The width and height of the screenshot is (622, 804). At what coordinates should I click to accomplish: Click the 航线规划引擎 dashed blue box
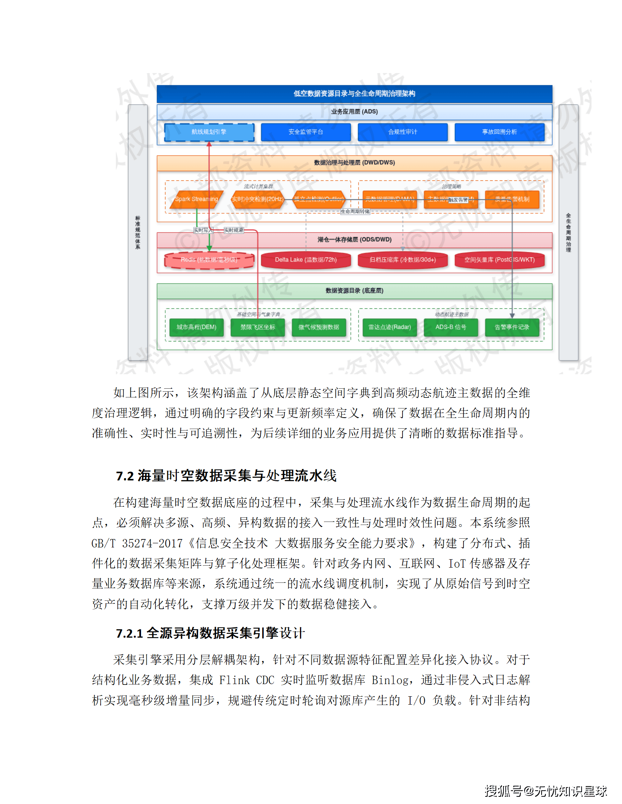point(209,132)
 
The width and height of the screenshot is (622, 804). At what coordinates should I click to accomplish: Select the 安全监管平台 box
point(306,132)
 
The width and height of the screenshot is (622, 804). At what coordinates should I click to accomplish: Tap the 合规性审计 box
point(402,132)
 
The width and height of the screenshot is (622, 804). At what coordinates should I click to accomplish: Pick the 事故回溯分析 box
point(499,132)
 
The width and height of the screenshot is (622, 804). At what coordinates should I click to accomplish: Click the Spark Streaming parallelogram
point(196,199)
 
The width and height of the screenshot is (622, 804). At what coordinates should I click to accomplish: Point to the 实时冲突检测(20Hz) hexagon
point(258,199)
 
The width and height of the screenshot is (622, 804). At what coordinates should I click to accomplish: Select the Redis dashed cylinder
point(209,260)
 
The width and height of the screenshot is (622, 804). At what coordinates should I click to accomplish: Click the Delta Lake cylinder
point(306,260)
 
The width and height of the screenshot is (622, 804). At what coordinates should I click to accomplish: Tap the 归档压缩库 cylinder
point(402,260)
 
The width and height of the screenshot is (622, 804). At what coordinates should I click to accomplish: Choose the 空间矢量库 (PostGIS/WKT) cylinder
point(499,260)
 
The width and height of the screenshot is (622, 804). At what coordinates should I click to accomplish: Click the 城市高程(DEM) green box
point(196,327)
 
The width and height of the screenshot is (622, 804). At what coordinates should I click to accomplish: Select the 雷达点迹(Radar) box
point(390,327)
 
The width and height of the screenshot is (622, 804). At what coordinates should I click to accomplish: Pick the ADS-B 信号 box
point(451,327)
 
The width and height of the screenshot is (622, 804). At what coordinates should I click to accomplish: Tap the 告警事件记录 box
point(512,327)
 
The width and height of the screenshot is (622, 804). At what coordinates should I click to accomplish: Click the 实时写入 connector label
point(203,230)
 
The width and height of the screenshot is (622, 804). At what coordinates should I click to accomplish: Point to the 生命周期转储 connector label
point(355,212)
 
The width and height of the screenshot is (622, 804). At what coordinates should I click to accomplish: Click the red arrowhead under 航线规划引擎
point(209,144)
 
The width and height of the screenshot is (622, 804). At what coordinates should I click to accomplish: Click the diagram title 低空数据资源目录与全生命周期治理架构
point(354,94)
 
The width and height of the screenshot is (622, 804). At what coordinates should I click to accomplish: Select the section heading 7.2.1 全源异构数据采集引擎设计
point(210,633)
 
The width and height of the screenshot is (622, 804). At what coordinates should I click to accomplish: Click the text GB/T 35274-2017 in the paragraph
point(137,544)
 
